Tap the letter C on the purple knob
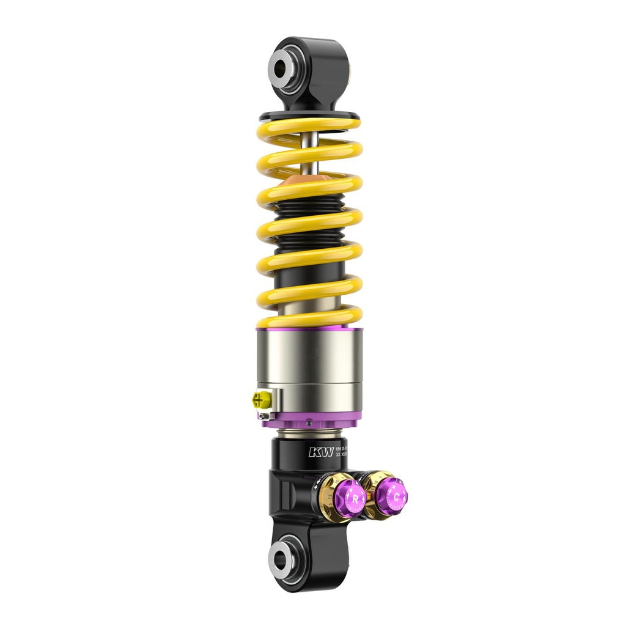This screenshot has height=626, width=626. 396,495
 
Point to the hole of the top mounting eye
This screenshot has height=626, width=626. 282,69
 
